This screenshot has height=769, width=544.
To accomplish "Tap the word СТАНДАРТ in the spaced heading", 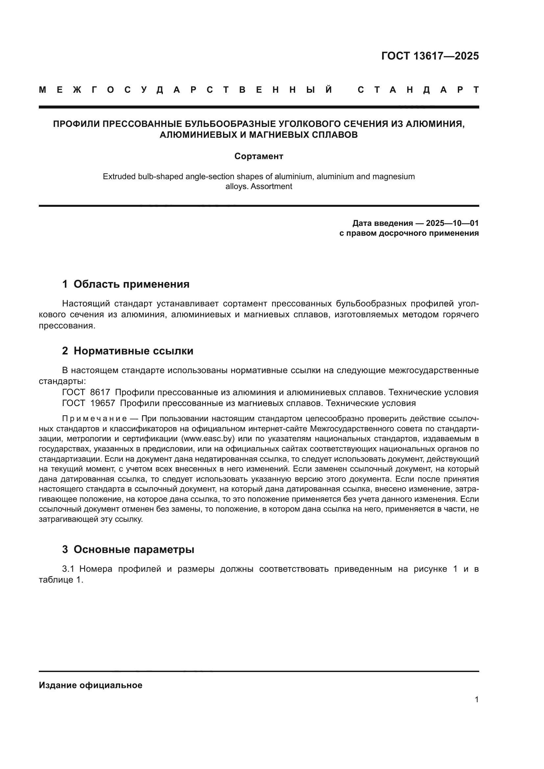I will pos(418,90).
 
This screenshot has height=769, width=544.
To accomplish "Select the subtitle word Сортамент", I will pos(259,156).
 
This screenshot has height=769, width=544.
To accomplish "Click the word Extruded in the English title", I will pos(119,177).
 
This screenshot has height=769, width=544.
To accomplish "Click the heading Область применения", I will pos(131,284).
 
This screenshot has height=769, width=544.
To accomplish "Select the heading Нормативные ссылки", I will pos(133,351).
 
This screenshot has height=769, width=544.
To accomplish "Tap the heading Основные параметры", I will pos(134,549).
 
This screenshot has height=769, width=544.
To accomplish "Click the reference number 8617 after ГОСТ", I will pos(100,392).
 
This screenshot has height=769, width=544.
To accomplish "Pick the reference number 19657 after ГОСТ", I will pos(103,403).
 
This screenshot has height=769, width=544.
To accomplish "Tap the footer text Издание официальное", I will pos(90,685).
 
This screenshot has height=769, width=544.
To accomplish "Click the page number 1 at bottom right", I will pos(476,700).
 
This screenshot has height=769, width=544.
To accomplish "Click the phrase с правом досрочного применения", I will pos(409,233).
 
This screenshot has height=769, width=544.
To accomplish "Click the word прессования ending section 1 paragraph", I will pos(67,325).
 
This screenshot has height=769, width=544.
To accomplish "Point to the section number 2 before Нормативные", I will pos(65,351).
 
